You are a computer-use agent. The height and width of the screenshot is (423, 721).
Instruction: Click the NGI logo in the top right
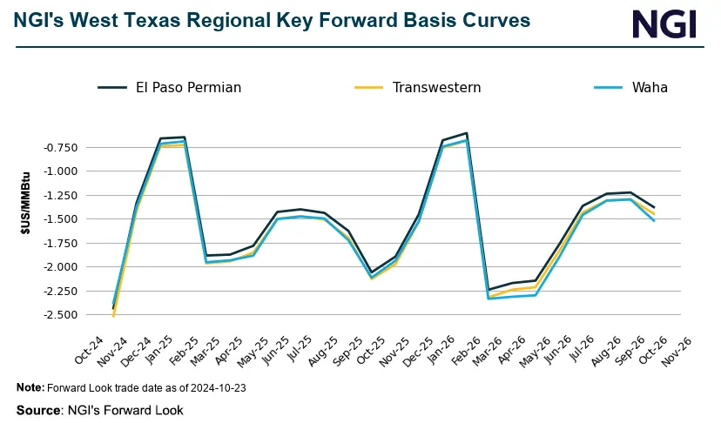664,23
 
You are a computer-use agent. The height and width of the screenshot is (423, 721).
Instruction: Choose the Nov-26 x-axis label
678,349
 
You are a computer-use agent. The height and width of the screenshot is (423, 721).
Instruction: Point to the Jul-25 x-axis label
309,349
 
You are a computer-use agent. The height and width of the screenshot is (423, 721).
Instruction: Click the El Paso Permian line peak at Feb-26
467,133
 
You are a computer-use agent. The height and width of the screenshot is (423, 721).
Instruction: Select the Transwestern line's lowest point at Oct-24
113,316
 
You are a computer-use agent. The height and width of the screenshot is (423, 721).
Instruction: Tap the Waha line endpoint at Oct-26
654,220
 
